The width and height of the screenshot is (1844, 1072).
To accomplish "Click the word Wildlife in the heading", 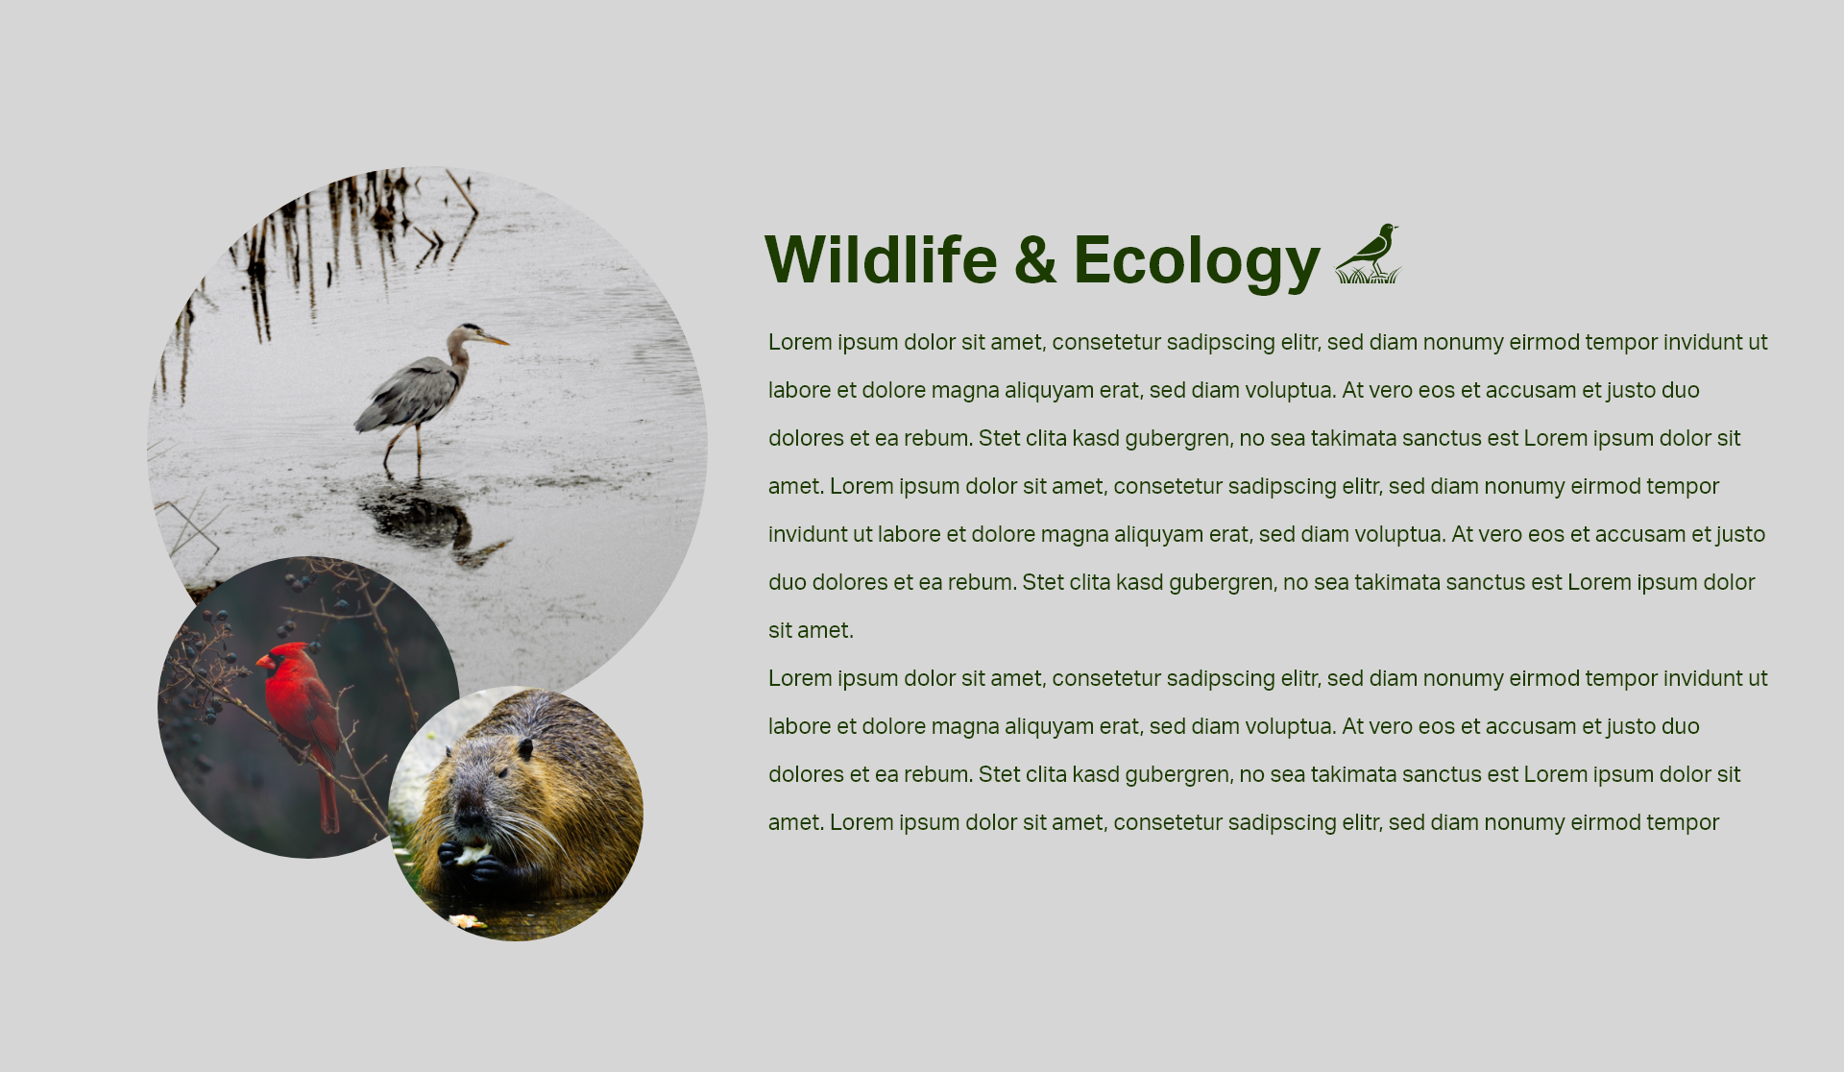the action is coord(881,259).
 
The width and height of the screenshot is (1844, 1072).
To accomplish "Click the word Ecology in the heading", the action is coord(1197,261).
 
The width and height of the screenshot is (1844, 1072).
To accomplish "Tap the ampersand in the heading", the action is coord(1035,260).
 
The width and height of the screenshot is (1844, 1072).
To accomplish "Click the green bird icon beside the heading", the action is coord(1369,254).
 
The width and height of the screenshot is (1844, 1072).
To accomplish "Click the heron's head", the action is coord(471,332).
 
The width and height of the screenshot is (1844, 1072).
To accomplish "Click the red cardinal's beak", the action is coord(262,662).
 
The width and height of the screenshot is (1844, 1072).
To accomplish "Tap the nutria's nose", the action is coord(470,817).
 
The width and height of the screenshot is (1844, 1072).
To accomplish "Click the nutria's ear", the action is coord(524,748).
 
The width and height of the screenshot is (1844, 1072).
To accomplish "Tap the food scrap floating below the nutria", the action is coord(468,922).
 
